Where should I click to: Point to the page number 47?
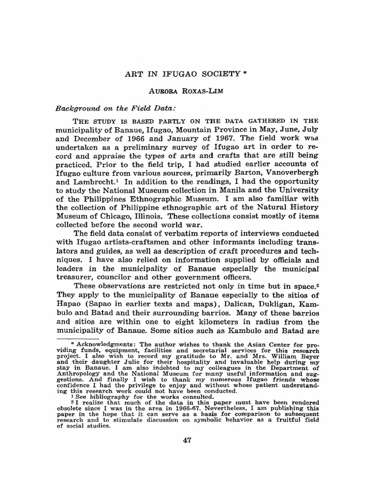(187, 440)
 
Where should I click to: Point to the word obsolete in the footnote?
(72, 407)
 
